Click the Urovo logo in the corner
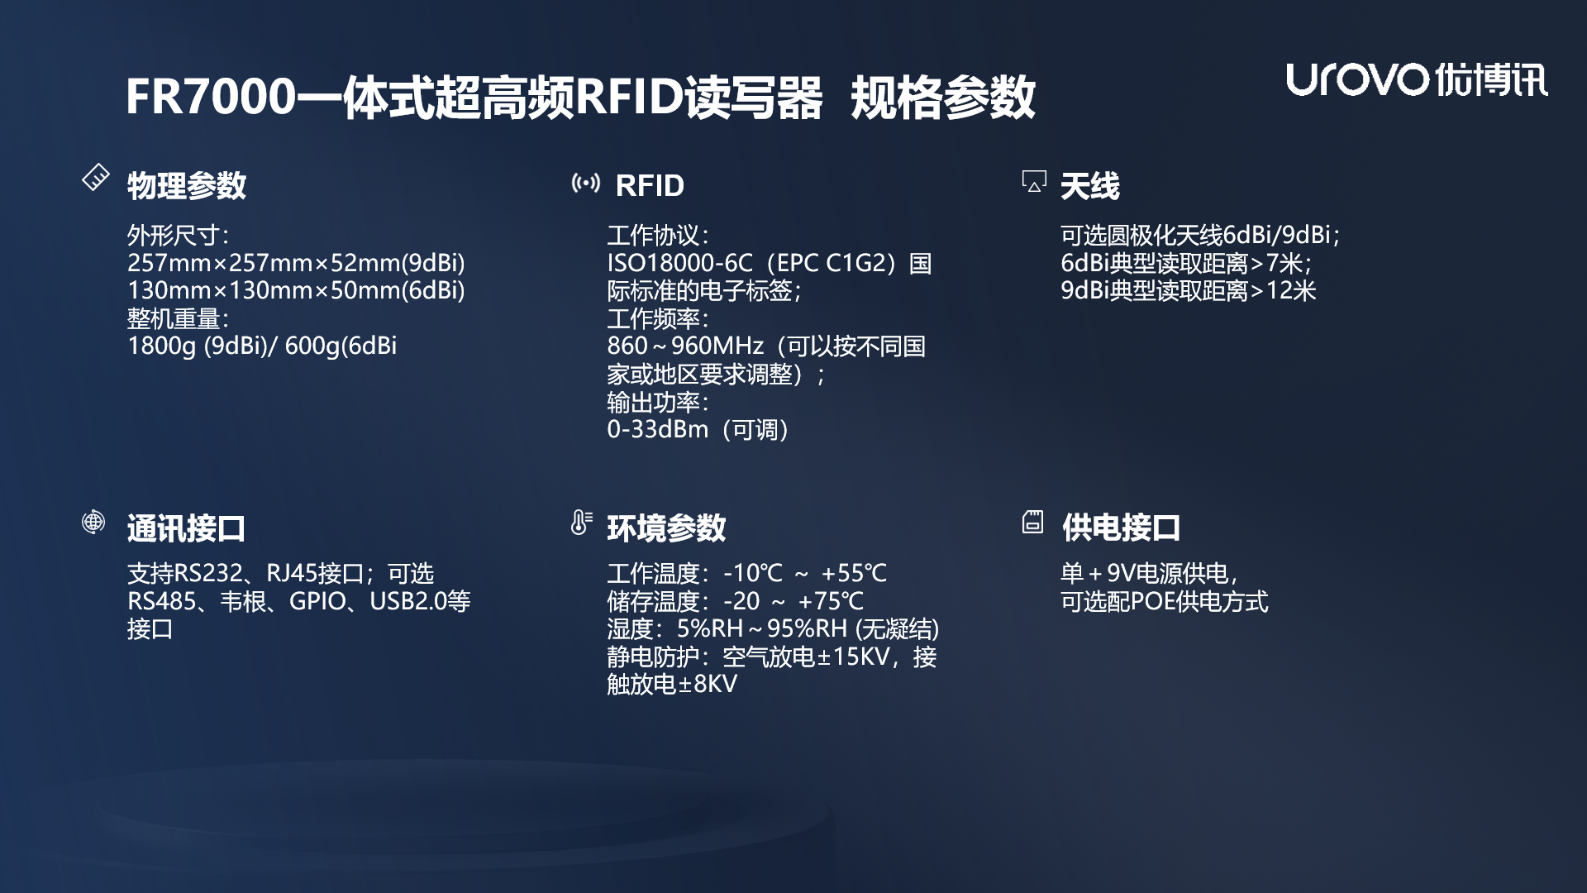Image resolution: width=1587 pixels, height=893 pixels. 1416,80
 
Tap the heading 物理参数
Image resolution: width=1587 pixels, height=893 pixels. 187,185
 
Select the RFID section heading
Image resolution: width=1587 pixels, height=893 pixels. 650,185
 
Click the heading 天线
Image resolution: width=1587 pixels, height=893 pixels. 1089,185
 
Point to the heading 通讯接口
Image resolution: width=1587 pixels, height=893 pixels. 187,528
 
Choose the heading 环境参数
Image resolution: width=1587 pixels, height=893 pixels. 666,528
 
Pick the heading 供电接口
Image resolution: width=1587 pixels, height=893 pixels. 1121,528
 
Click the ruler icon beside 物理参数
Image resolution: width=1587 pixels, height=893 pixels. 96,178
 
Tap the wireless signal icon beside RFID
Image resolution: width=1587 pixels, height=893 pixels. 586,183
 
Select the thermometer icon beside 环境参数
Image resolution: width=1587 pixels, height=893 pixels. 581,523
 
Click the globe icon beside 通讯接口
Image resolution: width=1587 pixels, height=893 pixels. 93,522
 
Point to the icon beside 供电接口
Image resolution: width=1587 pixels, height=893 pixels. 1032,522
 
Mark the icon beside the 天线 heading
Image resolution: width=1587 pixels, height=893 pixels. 1034,181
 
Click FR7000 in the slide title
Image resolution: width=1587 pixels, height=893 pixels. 211,97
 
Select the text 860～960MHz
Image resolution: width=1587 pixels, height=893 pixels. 685,346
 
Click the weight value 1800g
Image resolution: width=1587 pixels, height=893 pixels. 162,346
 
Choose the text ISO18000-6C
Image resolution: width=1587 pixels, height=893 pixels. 679,263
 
